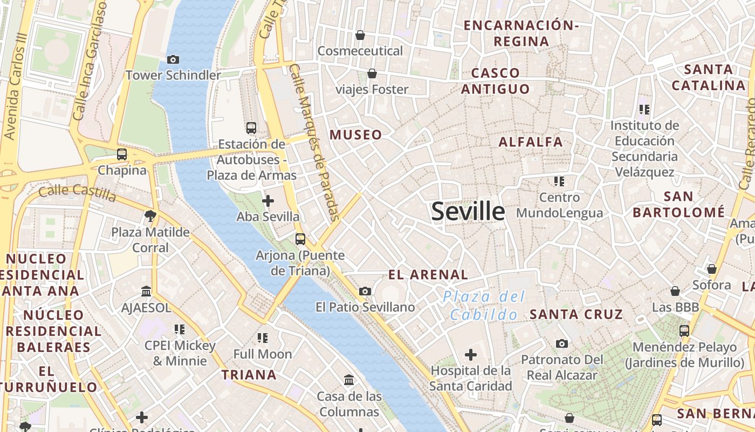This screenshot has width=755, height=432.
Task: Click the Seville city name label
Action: pos(468,211)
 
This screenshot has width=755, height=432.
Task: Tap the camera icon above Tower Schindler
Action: pos(173,59)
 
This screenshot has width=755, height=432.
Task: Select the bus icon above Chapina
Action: pos(122,154)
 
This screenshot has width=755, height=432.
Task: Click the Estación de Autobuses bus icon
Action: pos(251,128)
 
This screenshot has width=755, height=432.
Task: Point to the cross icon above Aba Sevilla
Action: pos(267,201)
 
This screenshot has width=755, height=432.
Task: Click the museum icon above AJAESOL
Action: pos(146,292)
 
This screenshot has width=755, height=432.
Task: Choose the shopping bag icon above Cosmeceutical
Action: pos(360,35)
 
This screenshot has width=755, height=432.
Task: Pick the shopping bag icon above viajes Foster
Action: pos(372,73)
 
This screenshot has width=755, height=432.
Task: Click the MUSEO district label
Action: pos(356,134)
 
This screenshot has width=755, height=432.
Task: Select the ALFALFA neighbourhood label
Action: pos(531,142)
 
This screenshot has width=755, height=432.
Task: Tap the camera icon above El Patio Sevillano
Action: pos(365,292)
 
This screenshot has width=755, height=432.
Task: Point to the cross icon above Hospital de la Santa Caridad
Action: pos(471,355)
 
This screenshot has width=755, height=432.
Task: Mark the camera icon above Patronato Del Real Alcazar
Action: pos(562,343)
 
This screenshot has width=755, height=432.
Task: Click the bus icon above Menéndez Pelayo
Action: pos(684,330)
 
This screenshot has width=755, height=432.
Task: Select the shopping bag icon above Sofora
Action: pos(712,269)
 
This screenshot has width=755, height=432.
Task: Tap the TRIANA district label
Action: pos(249,375)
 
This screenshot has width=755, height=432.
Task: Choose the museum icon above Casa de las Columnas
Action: pos(349,380)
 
